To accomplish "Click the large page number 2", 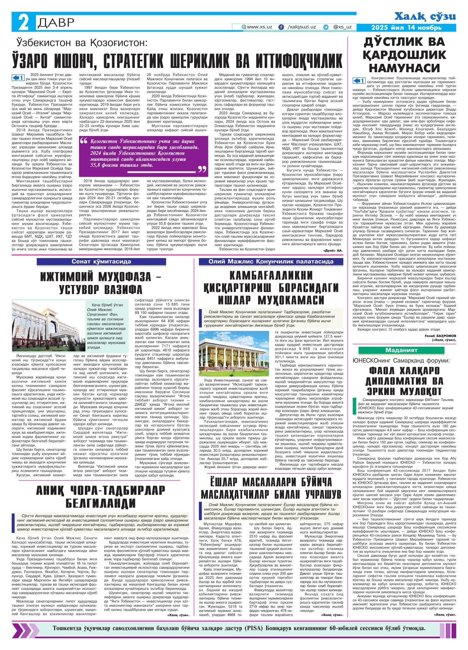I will [22, 22].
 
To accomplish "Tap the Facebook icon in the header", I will [281, 27].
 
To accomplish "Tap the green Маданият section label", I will [406, 350].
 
